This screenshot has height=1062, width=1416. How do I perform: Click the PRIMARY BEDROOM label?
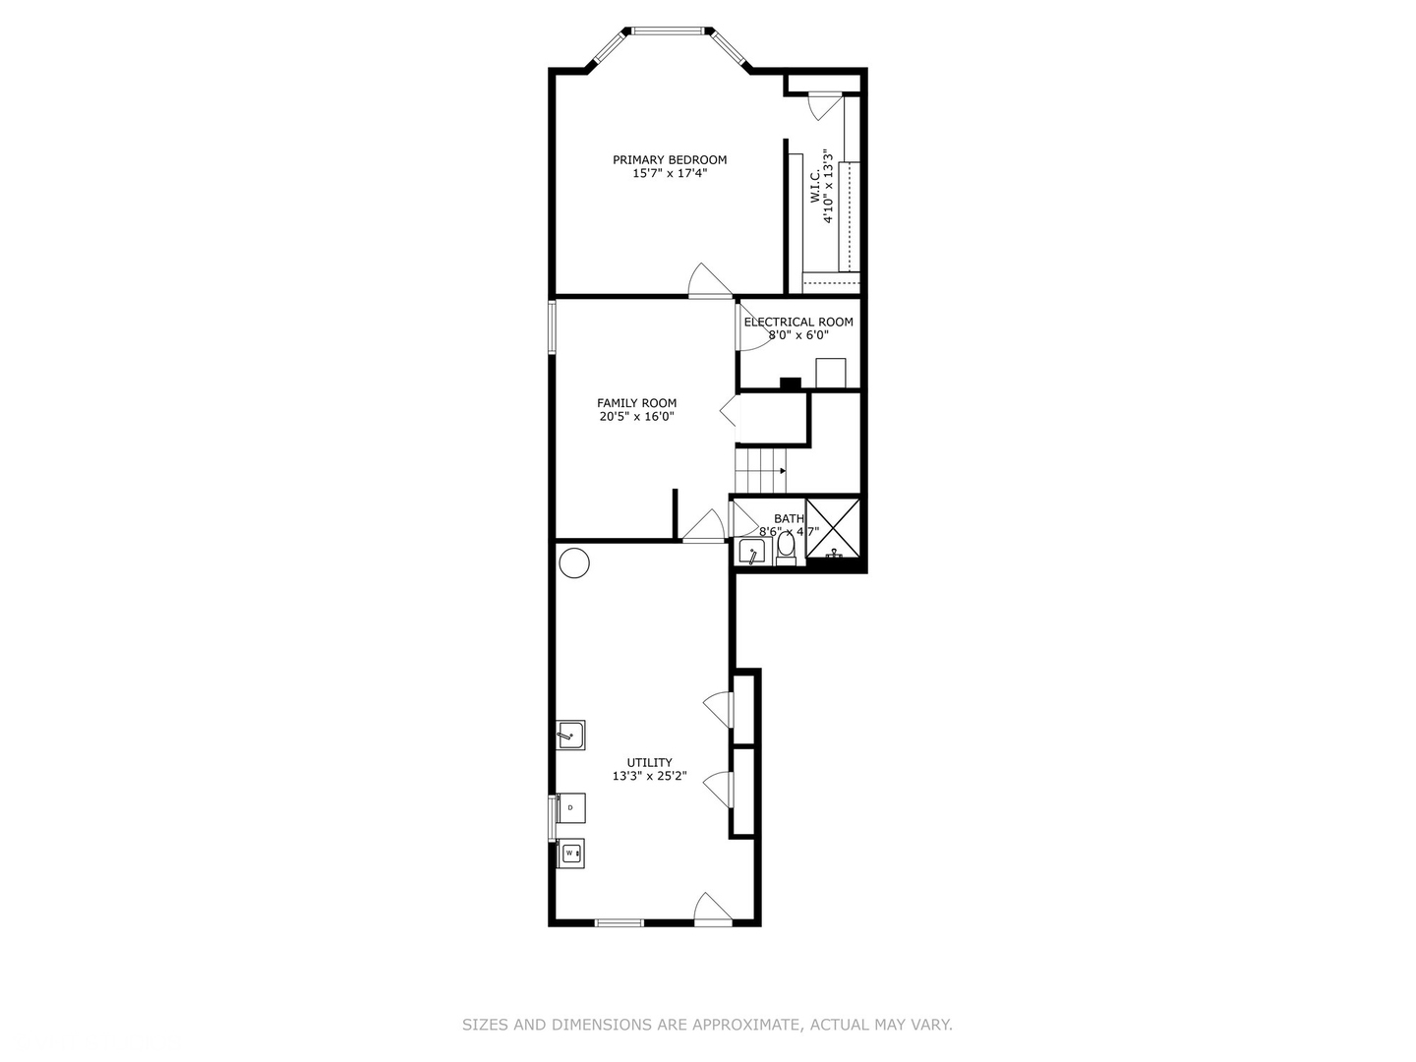670,159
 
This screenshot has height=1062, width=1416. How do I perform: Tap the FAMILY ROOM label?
636,403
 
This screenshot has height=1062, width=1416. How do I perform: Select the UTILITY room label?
649,762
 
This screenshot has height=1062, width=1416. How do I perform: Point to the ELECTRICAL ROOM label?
798,322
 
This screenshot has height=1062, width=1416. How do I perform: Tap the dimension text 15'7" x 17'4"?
670,174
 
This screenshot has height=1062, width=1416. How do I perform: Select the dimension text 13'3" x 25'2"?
649,776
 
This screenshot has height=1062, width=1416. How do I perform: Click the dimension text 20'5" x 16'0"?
636,417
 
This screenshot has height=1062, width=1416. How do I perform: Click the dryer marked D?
571,807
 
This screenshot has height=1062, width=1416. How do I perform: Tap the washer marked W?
570,854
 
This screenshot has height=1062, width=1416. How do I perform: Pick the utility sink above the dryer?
570,735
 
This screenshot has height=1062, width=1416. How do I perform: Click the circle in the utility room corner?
574,563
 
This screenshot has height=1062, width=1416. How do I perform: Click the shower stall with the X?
833,529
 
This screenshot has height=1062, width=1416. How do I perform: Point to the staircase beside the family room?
762,469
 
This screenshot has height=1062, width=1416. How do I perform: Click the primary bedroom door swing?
708,281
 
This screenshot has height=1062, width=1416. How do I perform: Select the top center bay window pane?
670,30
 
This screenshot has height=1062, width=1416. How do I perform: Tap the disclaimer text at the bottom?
707,1025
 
